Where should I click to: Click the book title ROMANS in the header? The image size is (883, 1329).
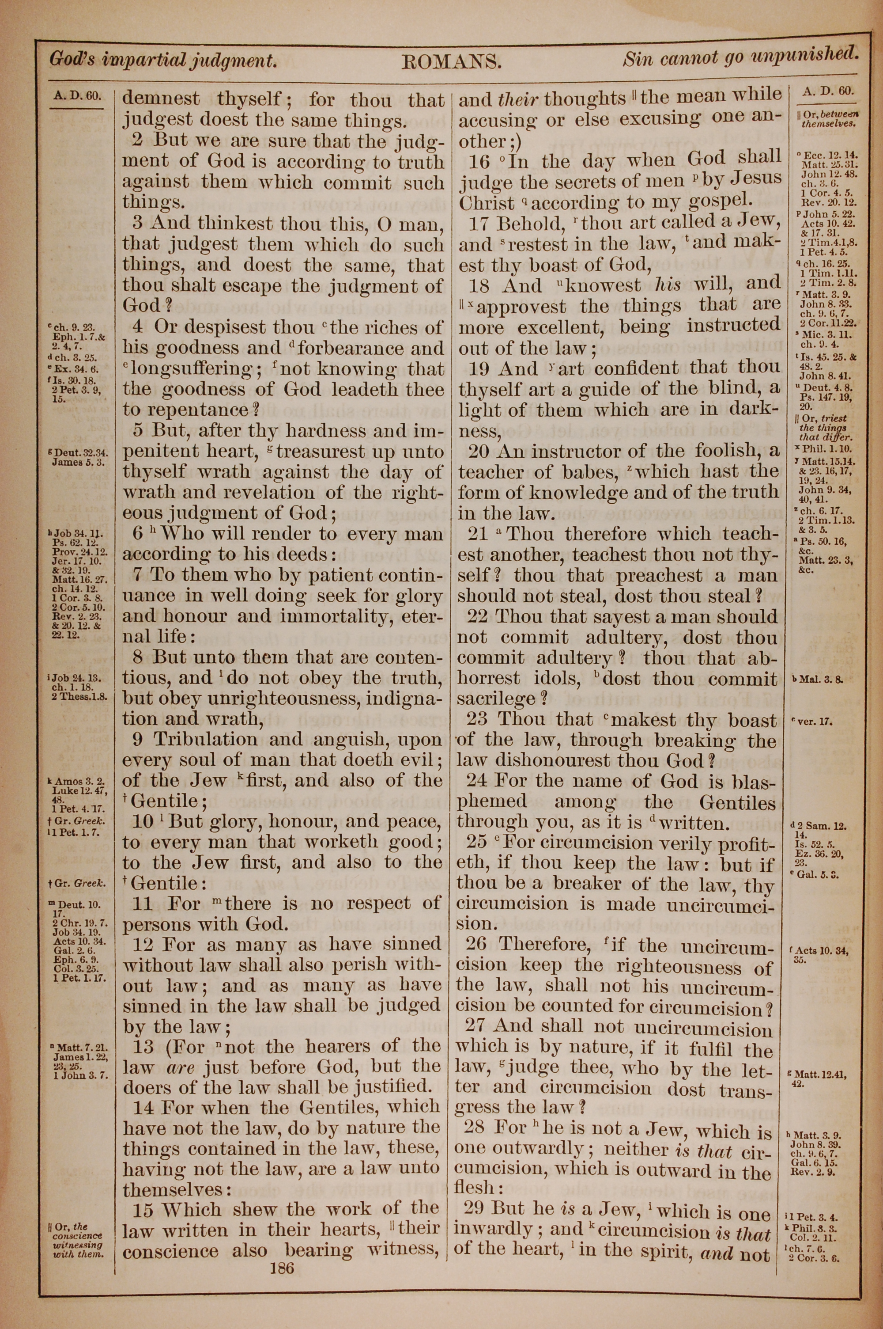tap(451, 61)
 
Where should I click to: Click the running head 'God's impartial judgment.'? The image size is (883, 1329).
tap(163, 59)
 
